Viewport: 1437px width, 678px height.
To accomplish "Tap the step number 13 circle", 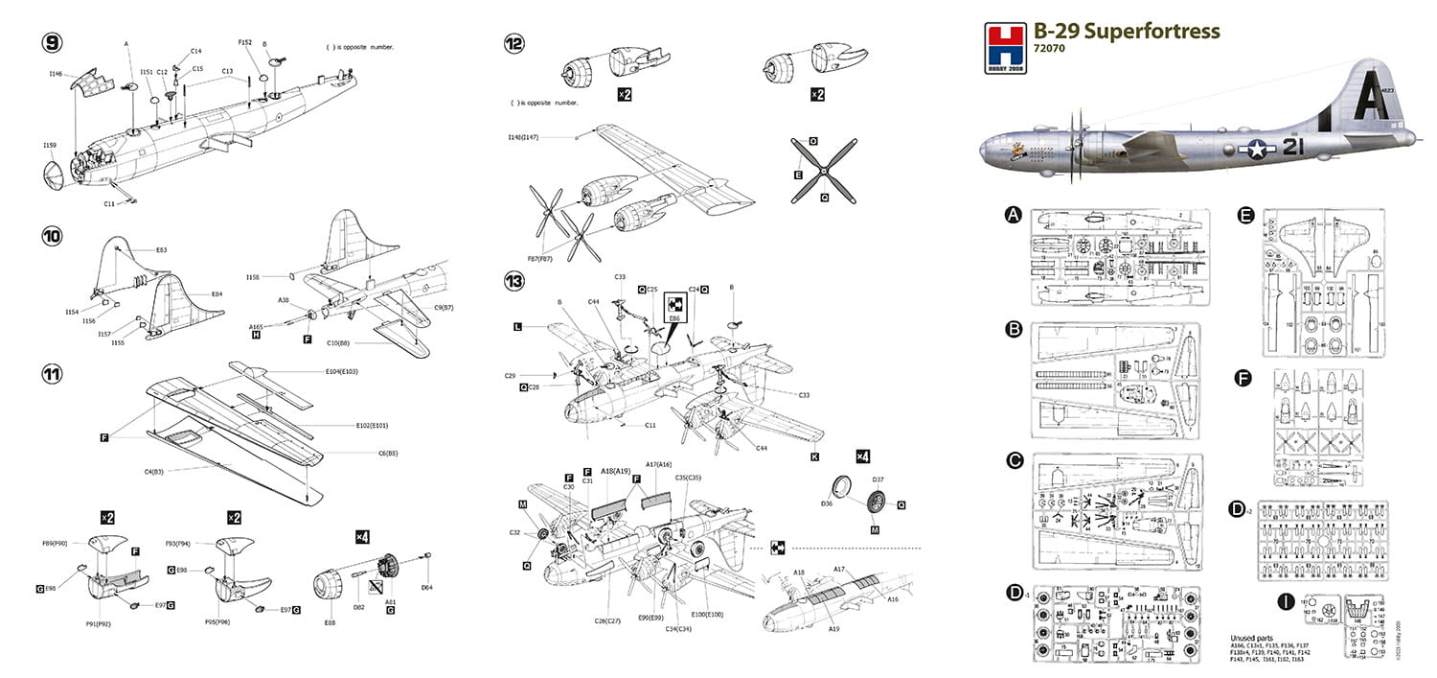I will click(515, 281).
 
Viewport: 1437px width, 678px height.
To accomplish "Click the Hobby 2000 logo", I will click(1002, 40).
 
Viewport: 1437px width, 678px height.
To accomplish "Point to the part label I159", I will click(50, 145).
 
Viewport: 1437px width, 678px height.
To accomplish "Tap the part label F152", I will click(246, 42).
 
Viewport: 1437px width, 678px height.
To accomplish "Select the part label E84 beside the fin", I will click(217, 294).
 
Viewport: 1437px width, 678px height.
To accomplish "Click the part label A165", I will click(256, 326).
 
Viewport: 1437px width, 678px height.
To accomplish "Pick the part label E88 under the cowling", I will click(331, 622).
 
